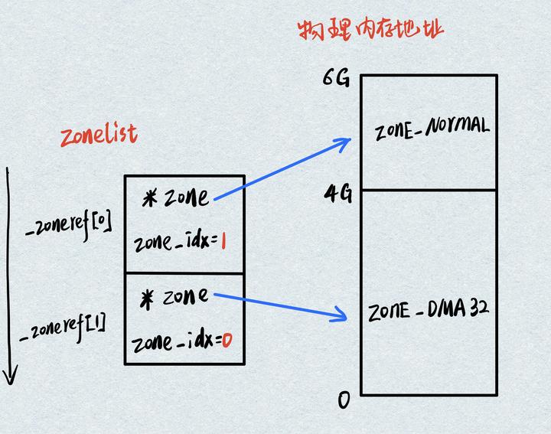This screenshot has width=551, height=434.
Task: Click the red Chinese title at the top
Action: pyautogui.click(x=370, y=30)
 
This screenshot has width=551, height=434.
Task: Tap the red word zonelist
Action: pyautogui.click(x=99, y=135)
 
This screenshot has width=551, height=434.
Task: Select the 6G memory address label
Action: pyautogui.click(x=337, y=78)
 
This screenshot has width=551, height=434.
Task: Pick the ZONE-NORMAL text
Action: pyautogui.click(x=432, y=129)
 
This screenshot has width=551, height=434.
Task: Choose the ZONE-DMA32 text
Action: pyautogui.click(x=429, y=311)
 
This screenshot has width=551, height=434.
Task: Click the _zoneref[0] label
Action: pyautogui.click(x=69, y=224)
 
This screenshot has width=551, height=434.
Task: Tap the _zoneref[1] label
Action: pyautogui.click(x=65, y=325)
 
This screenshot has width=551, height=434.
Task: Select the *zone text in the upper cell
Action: pyautogui.click(x=175, y=197)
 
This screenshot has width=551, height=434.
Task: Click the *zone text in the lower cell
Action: pyautogui.click(x=175, y=297)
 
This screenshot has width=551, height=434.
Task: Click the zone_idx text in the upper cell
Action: pyautogui.click(x=171, y=243)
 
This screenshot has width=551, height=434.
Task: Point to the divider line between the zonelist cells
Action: pyautogui.click(x=184, y=273)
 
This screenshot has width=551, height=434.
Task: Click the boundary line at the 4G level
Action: pyautogui.click(x=429, y=190)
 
